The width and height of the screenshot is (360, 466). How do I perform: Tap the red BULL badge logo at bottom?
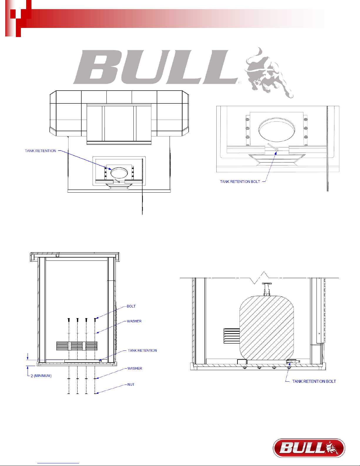pos(309,448)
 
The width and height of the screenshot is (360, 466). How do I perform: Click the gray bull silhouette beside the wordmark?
pos(269,73)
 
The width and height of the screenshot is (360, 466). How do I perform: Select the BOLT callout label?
pos(131,306)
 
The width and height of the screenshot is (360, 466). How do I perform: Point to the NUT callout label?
pos(131,385)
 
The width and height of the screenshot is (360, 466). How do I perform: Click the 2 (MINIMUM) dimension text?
pos(41,376)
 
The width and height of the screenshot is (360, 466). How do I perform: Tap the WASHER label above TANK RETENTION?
pos(134,321)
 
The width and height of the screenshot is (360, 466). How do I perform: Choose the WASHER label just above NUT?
pos(135,368)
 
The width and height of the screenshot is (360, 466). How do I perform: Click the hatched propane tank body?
pos(267,328)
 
